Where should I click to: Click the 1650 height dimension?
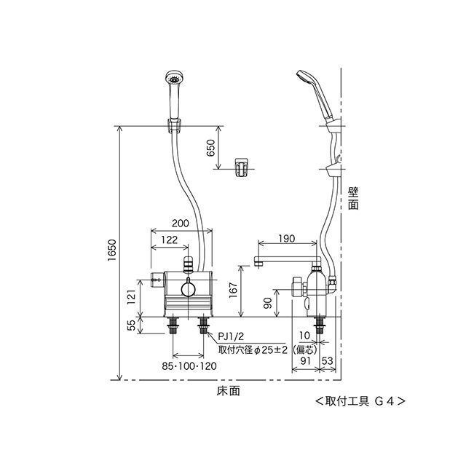click(x=112, y=250)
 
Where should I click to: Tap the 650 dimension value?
click(x=210, y=148)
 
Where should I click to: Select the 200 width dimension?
click(x=181, y=223)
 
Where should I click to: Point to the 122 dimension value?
click(x=170, y=240)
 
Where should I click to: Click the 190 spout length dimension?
click(x=287, y=238)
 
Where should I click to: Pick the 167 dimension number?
click(x=234, y=290)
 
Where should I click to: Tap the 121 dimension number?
click(x=131, y=296)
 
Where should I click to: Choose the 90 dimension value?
click(x=268, y=303)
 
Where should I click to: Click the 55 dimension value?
click(x=131, y=325)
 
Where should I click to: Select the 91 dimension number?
click(x=305, y=361)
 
